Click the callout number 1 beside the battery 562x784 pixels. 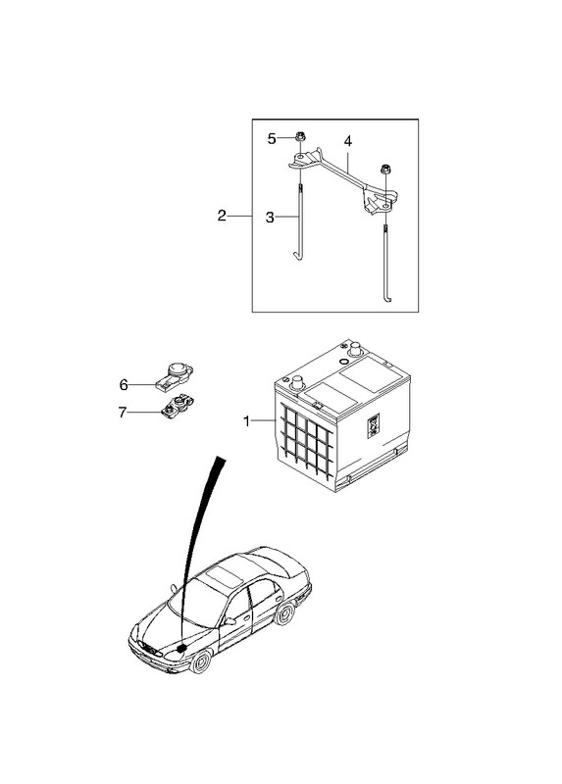coord(246,421)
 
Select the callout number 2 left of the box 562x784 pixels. coord(222,216)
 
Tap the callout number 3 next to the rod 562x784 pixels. coord(270,218)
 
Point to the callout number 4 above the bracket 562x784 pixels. coord(348,141)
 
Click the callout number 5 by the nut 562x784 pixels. coord(272,139)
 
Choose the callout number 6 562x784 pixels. coord(124,385)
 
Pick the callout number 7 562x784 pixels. coord(123,413)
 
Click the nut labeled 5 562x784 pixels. coord(300,135)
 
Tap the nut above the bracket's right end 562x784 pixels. coord(385,170)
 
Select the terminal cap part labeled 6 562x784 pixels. coord(175,375)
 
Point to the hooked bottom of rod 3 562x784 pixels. coord(297,257)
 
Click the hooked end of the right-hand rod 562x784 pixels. coord(387,299)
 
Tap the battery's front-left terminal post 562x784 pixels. coord(297,382)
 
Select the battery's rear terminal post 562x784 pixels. coord(355,348)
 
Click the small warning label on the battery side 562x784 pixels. coord(374,425)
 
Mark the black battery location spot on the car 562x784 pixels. coord(180,648)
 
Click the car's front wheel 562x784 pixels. coord(200,661)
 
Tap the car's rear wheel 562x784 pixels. coord(284,613)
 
